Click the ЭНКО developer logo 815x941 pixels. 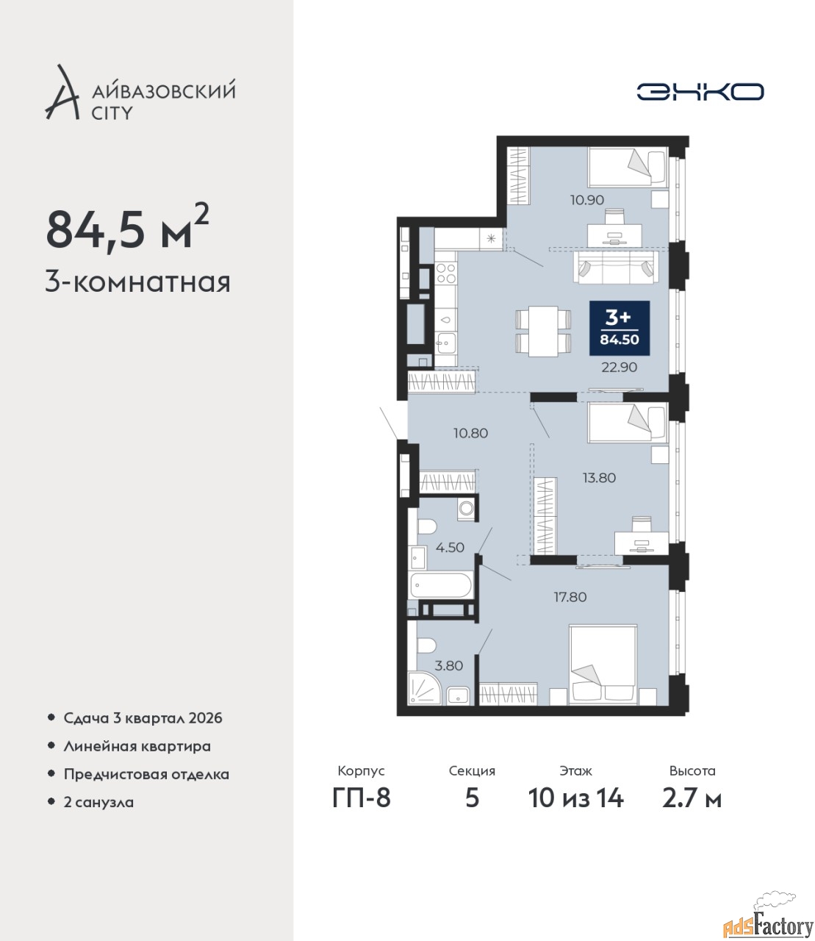(700, 91)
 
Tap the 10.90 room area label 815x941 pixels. (587, 199)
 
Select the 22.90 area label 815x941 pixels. (619, 368)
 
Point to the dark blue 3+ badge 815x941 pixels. (620, 328)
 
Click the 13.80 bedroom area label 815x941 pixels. (599, 478)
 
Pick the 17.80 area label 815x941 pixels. (570, 597)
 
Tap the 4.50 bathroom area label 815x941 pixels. (450, 548)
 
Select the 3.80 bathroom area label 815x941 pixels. (449, 666)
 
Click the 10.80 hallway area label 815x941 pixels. (470, 433)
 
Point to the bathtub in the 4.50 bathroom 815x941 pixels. (441, 585)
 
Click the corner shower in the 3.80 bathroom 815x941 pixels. (424, 688)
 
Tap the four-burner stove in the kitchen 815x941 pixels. (445, 273)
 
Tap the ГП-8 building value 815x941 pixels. (362, 798)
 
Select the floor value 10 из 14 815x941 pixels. (575, 798)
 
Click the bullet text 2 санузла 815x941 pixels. (98, 802)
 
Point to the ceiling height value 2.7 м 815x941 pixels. (692, 798)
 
